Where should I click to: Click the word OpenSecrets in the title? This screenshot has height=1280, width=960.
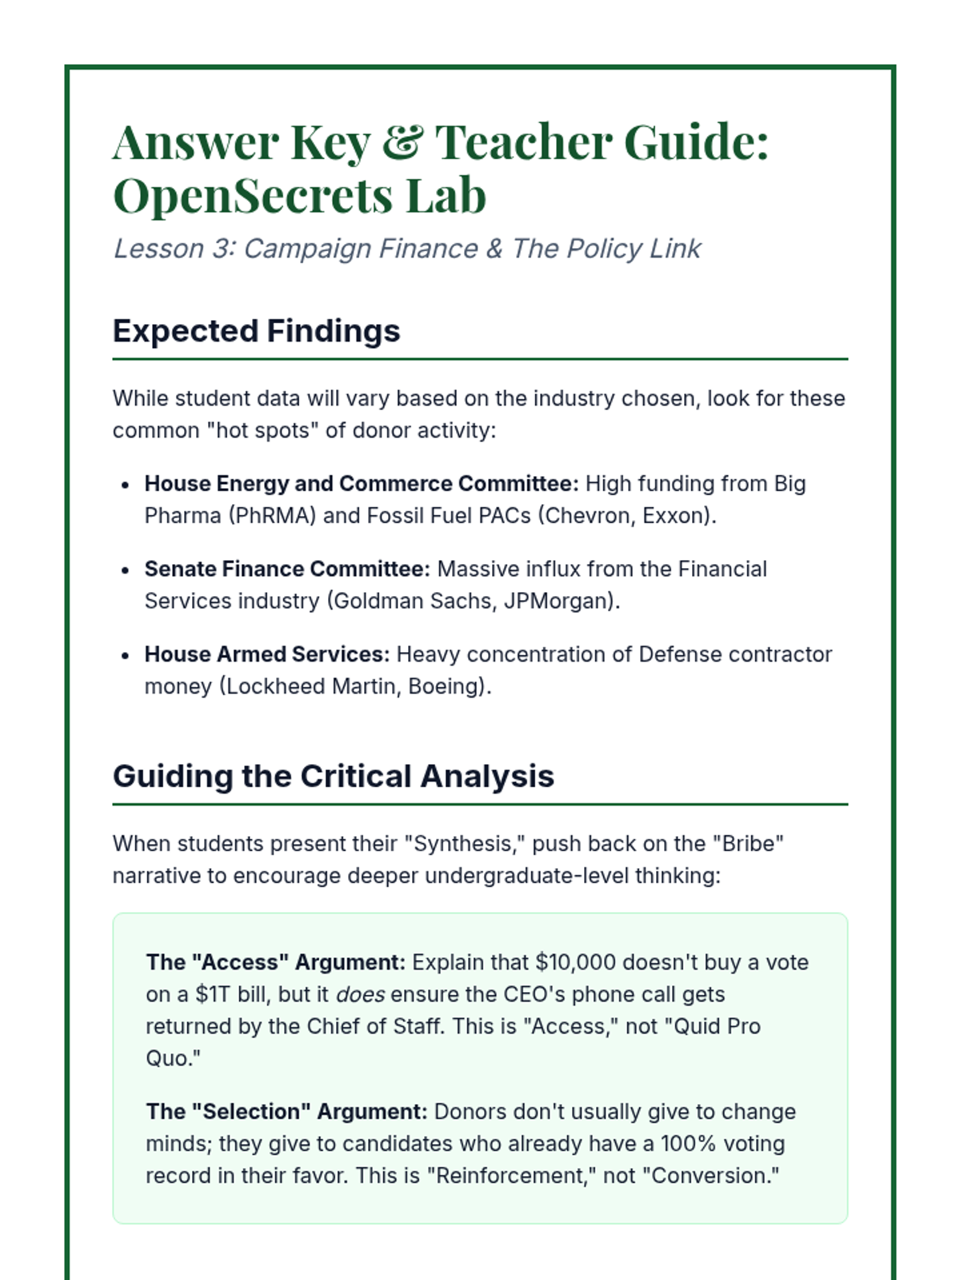[x=254, y=196]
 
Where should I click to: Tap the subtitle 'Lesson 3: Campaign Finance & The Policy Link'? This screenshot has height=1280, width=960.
[x=407, y=249]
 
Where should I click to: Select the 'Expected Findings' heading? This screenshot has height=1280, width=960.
[x=256, y=331]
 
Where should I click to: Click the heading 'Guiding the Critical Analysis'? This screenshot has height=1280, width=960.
[x=333, y=776]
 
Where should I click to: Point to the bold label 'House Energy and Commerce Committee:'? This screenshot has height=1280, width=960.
[x=361, y=484]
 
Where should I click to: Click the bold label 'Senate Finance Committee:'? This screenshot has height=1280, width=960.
[x=286, y=569]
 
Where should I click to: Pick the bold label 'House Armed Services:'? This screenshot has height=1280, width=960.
[x=266, y=654]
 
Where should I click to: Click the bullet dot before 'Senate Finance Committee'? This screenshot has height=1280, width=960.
[x=125, y=570]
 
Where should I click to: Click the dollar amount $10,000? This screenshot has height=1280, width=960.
[x=575, y=962]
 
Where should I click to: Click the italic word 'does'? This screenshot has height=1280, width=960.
[x=360, y=994]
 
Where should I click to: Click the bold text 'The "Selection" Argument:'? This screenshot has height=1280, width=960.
[x=286, y=1112]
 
